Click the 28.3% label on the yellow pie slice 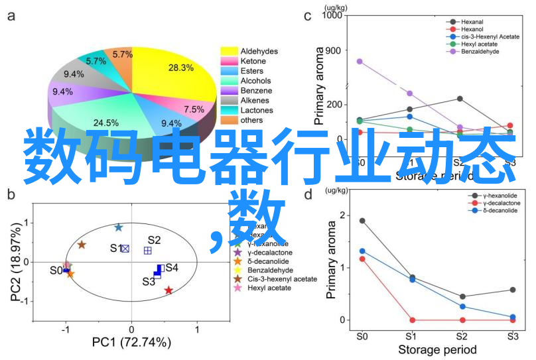tap(180, 68)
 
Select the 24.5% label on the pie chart tap(105, 123)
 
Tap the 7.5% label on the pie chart tap(194, 109)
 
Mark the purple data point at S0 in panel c tap(360, 61)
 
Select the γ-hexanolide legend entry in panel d tap(490, 196)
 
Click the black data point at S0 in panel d tap(362, 221)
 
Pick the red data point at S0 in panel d tap(362, 259)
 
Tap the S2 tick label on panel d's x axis tap(462, 336)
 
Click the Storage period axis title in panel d tap(436, 349)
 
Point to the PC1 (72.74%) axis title tap(131, 343)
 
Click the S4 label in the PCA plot tap(172, 267)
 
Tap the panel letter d tap(308, 194)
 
